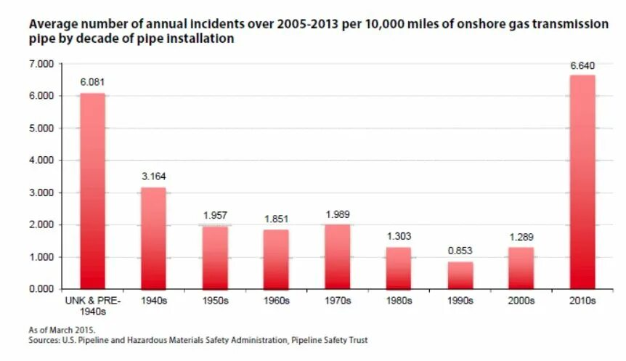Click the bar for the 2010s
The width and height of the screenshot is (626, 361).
[x=582, y=182]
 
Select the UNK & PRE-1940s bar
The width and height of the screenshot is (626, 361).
[x=92, y=191]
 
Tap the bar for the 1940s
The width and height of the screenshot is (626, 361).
[x=153, y=238]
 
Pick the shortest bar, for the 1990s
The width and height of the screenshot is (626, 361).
[x=460, y=275]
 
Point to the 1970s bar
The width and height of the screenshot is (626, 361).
[x=338, y=256]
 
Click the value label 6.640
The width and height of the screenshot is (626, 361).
[x=582, y=66]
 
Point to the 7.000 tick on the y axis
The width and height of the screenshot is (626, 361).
[x=42, y=64]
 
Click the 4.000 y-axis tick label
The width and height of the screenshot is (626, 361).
[x=42, y=161]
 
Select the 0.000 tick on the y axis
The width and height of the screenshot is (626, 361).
[x=42, y=289]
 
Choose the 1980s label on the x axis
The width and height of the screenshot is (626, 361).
[x=399, y=300]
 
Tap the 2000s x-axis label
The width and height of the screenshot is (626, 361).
[x=521, y=300]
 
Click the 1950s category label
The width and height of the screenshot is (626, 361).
[x=215, y=300]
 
